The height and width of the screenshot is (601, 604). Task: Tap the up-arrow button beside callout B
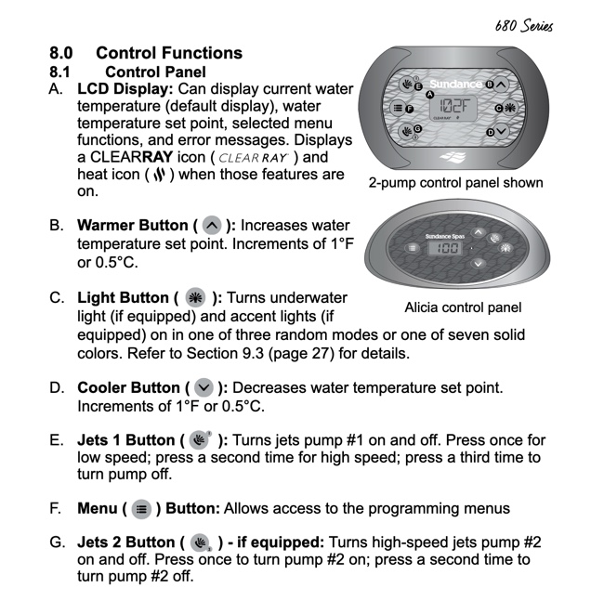(x=502, y=84)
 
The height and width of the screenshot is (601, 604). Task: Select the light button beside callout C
(x=509, y=109)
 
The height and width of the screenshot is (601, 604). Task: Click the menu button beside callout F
(x=400, y=109)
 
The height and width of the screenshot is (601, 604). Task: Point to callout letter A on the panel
(x=429, y=94)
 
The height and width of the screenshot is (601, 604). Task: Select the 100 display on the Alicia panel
(x=449, y=249)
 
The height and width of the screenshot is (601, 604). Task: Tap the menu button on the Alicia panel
(x=412, y=249)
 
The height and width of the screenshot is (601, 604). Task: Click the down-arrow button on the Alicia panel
(x=479, y=264)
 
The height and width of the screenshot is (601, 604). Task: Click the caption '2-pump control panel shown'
(x=455, y=182)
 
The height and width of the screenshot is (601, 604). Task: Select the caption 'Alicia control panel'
(x=463, y=307)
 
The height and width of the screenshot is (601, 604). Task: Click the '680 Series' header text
(x=524, y=25)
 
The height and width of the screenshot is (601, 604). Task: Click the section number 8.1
(x=62, y=71)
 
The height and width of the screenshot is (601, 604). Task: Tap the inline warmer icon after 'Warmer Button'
(x=213, y=226)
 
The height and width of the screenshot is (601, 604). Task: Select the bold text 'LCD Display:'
(x=124, y=89)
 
